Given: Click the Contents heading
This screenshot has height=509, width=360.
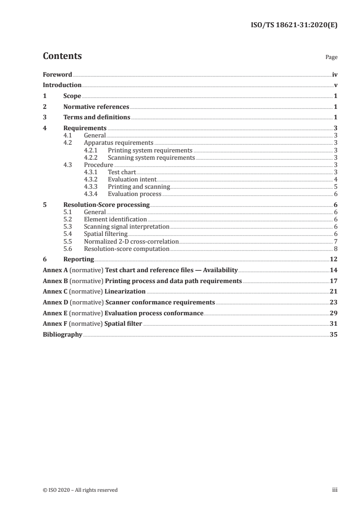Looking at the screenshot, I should click(62, 56).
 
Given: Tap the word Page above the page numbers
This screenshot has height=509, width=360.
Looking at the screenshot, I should click(331, 58).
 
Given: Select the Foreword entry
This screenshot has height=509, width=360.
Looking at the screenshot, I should click(57, 74).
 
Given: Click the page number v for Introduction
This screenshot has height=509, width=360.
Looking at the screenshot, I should click(335, 85).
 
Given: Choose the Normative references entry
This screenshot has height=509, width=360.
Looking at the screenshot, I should click(96, 107).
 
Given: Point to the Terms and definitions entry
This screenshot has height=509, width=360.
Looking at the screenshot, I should click(97, 118).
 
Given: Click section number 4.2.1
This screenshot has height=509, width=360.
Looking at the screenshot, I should click(91, 150).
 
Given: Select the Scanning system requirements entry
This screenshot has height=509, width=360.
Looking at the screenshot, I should click(151, 158).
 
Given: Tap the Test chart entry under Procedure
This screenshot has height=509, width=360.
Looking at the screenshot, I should click(122, 172).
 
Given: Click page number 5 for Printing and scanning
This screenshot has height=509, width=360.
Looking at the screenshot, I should click(335, 187).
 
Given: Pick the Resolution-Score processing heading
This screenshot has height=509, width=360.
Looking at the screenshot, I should click(106, 205).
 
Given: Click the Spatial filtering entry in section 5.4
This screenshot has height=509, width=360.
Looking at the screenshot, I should click(105, 234).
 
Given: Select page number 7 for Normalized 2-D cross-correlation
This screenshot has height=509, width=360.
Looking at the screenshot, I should click(335, 241).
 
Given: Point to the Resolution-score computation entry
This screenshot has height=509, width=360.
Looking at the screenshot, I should click(127, 249).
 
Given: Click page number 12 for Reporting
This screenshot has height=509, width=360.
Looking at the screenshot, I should click(333, 259).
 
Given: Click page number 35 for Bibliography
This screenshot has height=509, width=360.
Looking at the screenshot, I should click(333, 335).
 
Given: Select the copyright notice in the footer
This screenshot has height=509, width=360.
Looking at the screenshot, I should click(80, 490).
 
